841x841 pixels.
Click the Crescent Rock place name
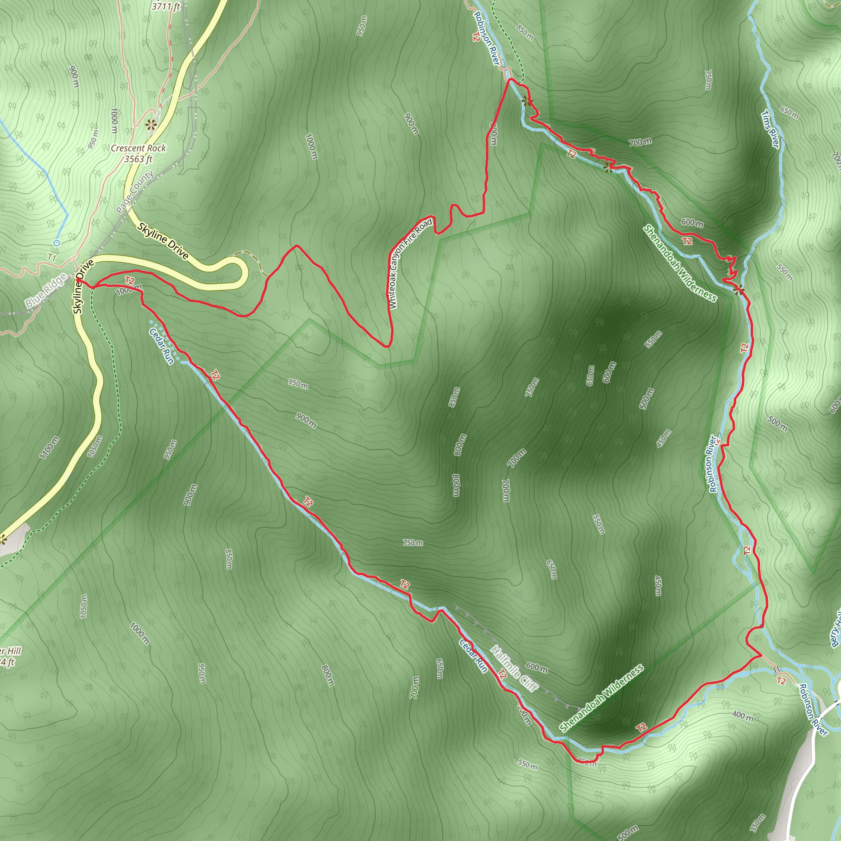138,148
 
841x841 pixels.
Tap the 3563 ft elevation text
138,159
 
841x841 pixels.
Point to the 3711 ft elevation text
165,6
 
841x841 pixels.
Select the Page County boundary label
135,192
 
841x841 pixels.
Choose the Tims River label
770,129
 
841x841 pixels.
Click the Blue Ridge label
46,291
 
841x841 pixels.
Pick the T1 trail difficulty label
52,258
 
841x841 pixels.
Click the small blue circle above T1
56,242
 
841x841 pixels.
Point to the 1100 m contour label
49,448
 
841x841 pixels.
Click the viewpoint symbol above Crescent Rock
151,125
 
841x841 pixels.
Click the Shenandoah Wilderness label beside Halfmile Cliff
601,699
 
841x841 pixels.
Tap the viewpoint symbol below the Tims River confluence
738,290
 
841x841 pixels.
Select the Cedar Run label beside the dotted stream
161,346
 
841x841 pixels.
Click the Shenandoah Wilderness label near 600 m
680,263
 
